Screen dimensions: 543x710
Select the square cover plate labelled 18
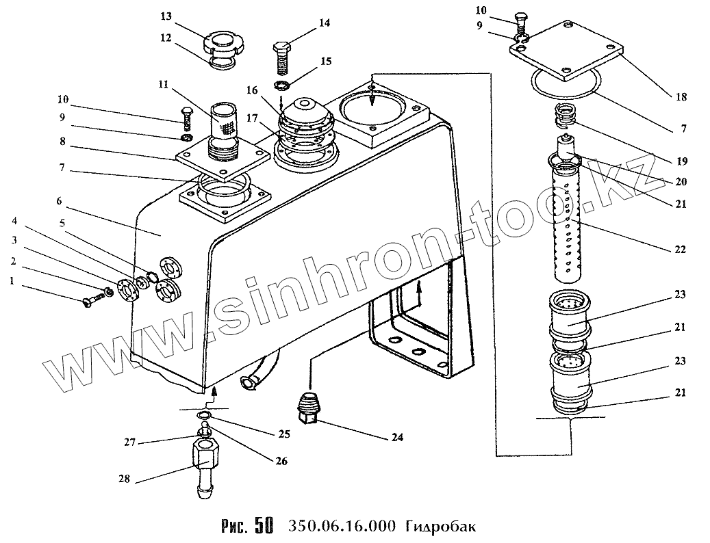[568, 49]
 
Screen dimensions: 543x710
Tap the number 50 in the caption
[263, 526]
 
